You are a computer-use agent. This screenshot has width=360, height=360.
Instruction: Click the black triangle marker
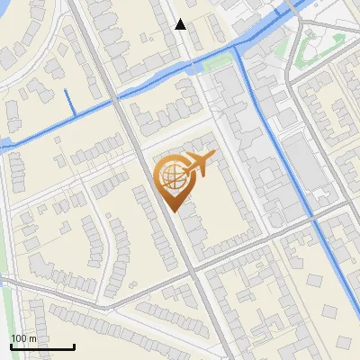tap(181, 24)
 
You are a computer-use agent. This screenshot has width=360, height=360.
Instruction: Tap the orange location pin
tap(176, 180)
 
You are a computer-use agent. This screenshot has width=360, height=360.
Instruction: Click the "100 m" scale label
tap(23, 338)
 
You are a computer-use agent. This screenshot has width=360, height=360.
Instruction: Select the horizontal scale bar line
tap(42, 346)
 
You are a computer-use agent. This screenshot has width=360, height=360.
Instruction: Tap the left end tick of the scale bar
tap(11, 346)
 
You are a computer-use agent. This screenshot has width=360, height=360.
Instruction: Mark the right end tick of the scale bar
tap(74, 346)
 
